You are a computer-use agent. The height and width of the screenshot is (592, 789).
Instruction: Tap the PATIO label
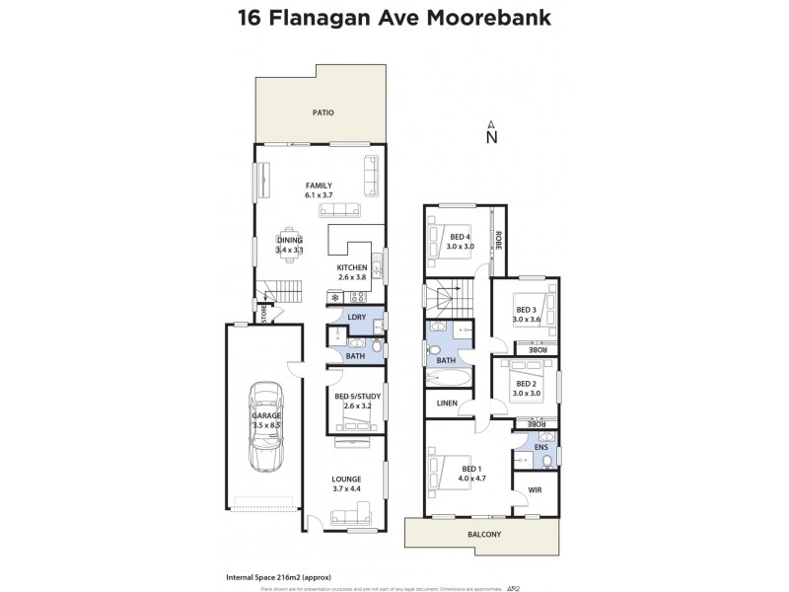324,113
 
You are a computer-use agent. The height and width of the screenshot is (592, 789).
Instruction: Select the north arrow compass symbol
491,133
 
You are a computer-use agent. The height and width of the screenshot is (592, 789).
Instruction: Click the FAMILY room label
318,185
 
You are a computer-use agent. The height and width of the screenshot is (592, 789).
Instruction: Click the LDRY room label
357,317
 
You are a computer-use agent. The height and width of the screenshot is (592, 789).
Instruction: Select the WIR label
535,488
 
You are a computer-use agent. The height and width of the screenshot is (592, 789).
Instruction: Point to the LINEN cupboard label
446,402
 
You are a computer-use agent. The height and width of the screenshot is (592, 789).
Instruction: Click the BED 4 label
460,237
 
